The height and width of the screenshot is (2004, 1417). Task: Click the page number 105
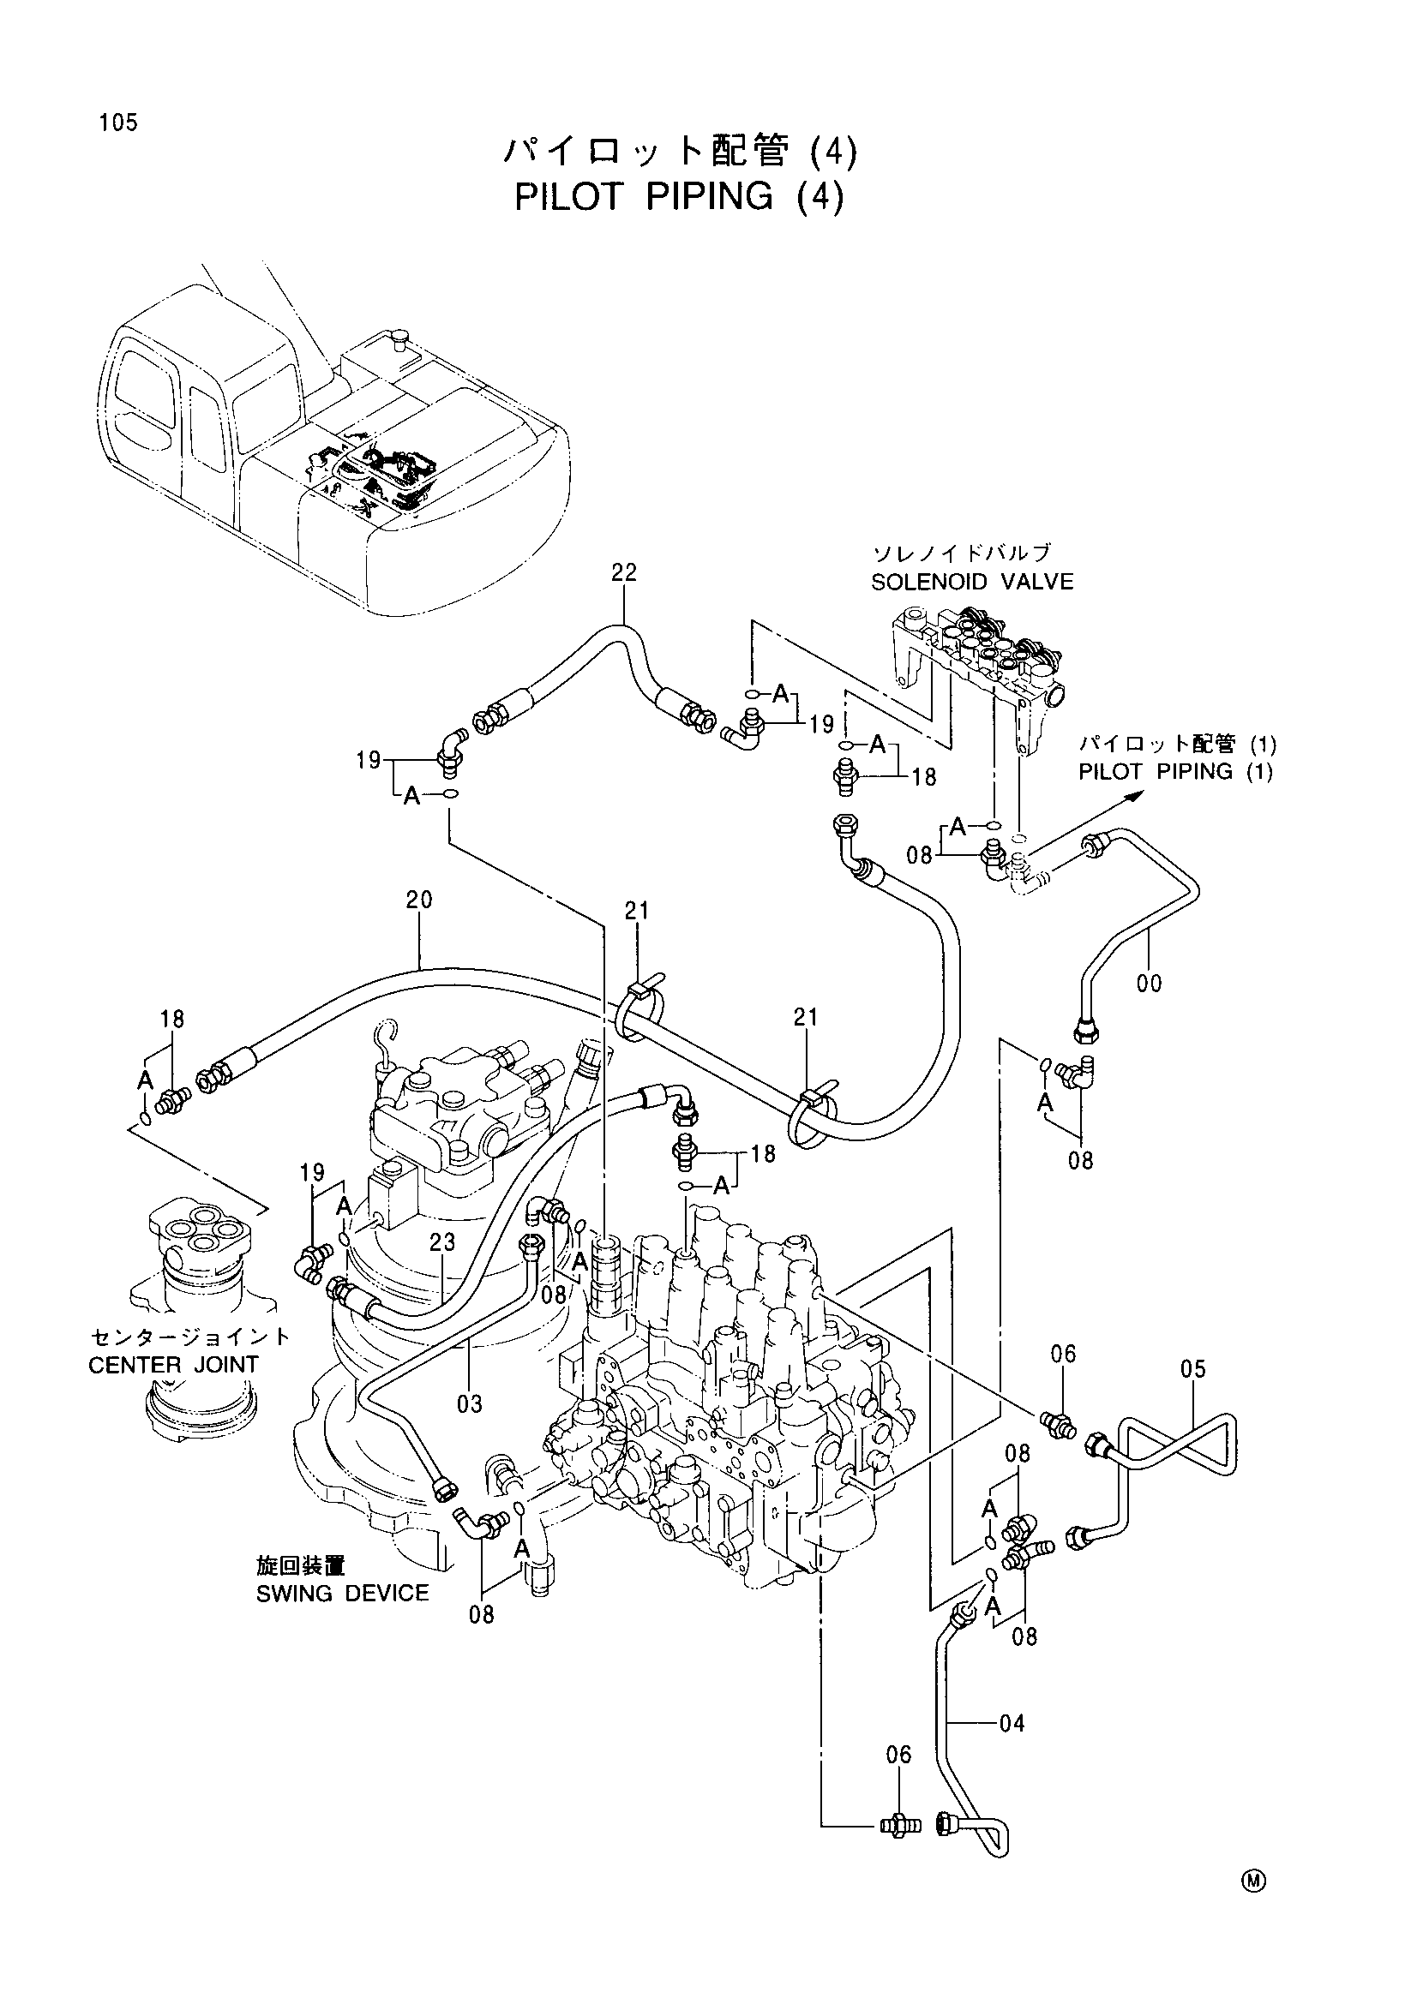tap(119, 123)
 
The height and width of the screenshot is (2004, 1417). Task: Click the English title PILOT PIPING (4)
tap(679, 196)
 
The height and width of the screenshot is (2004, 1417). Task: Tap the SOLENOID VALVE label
tap(972, 581)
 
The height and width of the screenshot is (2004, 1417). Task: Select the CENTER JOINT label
tap(174, 1364)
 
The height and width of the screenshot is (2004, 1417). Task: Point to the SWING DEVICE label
tap(342, 1593)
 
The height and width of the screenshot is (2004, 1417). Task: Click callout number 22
tap(624, 572)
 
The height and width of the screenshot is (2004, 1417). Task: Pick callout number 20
tap(419, 900)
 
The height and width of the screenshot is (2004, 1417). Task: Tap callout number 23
tap(442, 1242)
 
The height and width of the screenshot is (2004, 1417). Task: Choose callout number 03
tap(470, 1404)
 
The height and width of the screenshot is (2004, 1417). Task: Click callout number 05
tap(1192, 1368)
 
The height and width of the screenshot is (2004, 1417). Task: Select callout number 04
tap(1011, 1723)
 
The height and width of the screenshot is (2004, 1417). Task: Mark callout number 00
tap(1149, 984)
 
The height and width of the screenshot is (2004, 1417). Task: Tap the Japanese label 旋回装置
tap(295, 1568)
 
